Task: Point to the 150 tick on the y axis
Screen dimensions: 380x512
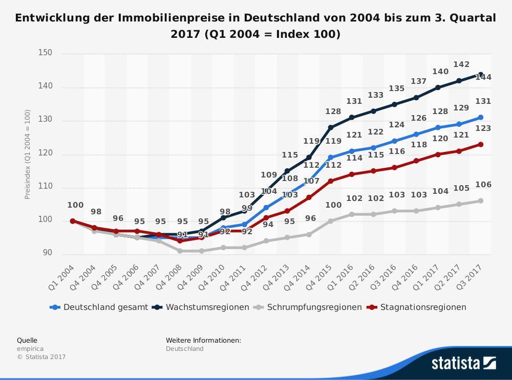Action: [x=45, y=53]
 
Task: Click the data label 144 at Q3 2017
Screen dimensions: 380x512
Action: [x=483, y=77]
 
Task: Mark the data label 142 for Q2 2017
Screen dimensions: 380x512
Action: [x=461, y=64]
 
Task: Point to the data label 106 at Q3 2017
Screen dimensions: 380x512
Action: [x=483, y=185]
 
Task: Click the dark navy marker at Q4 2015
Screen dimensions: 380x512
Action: [x=331, y=127]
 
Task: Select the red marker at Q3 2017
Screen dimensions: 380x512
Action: [x=481, y=144]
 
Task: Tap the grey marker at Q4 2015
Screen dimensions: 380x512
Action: [x=331, y=221]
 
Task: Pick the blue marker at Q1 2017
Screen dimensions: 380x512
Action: [x=438, y=127]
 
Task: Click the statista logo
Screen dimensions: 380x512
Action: [x=463, y=363]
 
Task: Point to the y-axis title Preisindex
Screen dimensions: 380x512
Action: [x=28, y=154]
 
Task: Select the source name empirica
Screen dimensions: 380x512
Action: [x=30, y=349]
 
